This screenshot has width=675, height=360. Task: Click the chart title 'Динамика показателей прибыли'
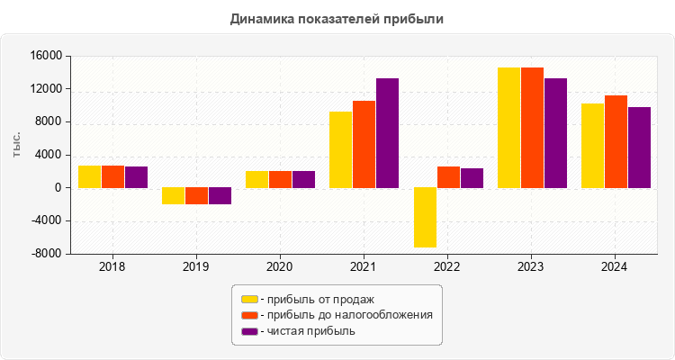pyautogui.click(x=337, y=18)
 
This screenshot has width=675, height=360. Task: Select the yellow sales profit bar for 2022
pyautogui.click(x=425, y=217)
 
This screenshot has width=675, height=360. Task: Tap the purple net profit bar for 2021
pyautogui.click(x=387, y=133)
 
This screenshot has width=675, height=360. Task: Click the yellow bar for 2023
pyautogui.click(x=508, y=128)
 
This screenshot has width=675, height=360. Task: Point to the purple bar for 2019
pyautogui.click(x=220, y=196)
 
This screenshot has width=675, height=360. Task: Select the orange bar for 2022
pyautogui.click(x=448, y=177)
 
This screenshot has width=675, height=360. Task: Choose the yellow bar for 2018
pyautogui.click(x=89, y=176)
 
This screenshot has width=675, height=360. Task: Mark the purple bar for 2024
pyautogui.click(x=639, y=148)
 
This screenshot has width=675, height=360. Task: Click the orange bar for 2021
pyautogui.click(x=364, y=144)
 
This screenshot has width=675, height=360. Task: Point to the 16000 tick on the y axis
pyautogui.click(x=45, y=57)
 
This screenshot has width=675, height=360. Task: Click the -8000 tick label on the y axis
pyautogui.click(x=45, y=254)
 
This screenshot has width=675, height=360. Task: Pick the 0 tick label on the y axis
pyautogui.click(x=56, y=188)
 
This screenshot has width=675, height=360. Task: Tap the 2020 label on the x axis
pyautogui.click(x=280, y=267)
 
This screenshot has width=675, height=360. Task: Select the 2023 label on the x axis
pyautogui.click(x=532, y=267)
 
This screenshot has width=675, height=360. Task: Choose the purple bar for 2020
pyautogui.click(x=303, y=179)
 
